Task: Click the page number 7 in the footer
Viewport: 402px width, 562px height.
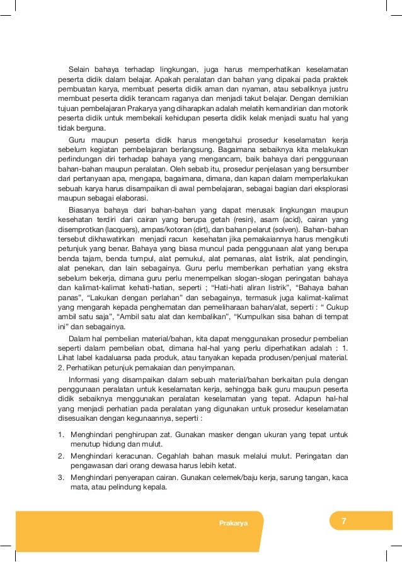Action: pos(343,521)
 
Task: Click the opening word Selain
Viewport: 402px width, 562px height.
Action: pos(79,69)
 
